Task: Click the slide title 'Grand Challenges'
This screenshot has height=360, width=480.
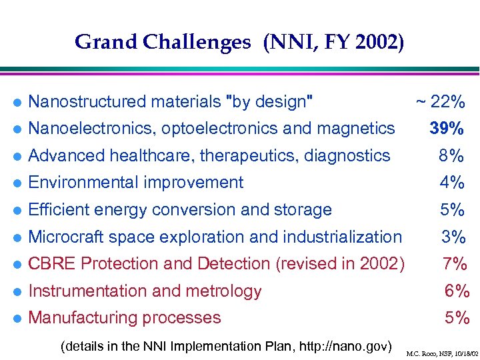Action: tap(163, 42)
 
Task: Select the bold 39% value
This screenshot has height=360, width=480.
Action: tap(447, 129)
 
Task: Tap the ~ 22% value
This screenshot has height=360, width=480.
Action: tap(441, 102)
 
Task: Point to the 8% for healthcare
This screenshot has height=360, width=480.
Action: tap(451, 156)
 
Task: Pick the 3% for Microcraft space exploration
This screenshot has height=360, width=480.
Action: tap(453, 237)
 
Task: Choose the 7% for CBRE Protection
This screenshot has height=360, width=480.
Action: tap(455, 264)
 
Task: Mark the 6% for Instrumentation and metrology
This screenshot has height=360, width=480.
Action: tap(457, 291)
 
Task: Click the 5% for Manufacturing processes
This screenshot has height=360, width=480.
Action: tap(457, 318)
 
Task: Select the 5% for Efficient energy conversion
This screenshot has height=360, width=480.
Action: tap(452, 210)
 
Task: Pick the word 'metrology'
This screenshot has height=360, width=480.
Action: tap(227, 291)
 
